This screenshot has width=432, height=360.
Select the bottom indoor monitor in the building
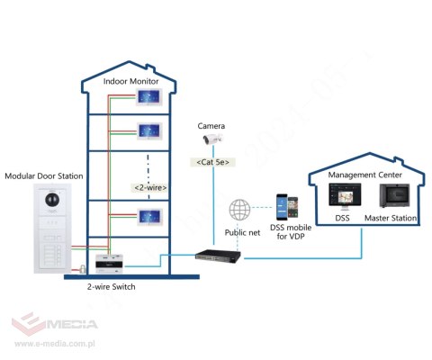[149, 217]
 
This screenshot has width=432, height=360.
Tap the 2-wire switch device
[110, 264]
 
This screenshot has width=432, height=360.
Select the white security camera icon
[211, 139]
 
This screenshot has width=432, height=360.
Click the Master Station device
[391, 195]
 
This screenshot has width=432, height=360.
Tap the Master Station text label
[390, 219]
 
